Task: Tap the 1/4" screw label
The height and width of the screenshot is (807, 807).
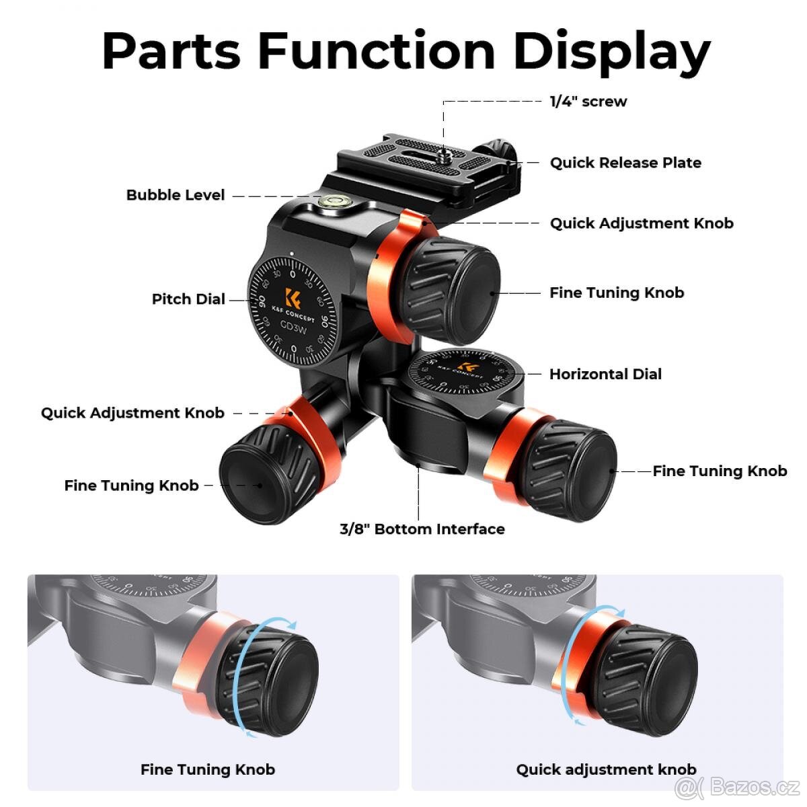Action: [x=588, y=102]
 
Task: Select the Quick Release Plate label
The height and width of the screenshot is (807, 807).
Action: [x=625, y=163]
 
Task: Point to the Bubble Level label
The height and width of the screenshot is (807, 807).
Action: [x=176, y=195]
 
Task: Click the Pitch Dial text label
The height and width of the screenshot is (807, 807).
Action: [x=188, y=299]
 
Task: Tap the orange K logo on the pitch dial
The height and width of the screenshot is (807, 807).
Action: [x=293, y=298]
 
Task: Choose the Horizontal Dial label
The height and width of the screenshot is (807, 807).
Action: [x=605, y=374]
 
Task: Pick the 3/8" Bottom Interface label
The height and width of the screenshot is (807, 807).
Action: [x=422, y=529]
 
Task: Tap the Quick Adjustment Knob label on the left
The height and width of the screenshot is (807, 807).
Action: [x=132, y=413]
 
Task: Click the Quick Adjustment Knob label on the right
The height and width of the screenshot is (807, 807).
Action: [x=642, y=223]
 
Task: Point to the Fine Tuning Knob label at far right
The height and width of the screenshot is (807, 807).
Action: [x=720, y=471]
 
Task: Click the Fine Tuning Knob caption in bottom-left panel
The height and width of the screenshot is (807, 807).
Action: [x=208, y=769]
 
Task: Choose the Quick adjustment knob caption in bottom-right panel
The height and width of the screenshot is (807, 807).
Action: [x=606, y=769]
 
